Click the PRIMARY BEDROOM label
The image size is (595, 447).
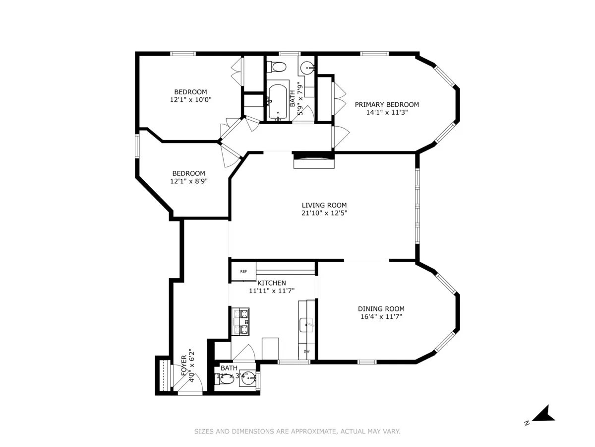[387, 104]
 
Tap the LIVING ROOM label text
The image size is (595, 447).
[324, 205]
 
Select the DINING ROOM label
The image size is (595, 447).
[381, 308]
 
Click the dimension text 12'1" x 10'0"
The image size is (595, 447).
[191, 100]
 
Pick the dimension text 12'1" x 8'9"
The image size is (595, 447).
[188, 181]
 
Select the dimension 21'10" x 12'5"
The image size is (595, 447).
[324, 213]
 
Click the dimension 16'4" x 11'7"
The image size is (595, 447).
[381, 316]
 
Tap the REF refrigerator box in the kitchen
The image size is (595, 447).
[243, 272]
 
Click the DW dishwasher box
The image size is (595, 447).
[307, 352]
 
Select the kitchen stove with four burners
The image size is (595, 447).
[244, 322]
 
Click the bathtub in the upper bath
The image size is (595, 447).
[278, 102]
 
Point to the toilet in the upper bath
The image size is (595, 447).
[278, 67]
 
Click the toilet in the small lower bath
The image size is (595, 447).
[228, 378]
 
